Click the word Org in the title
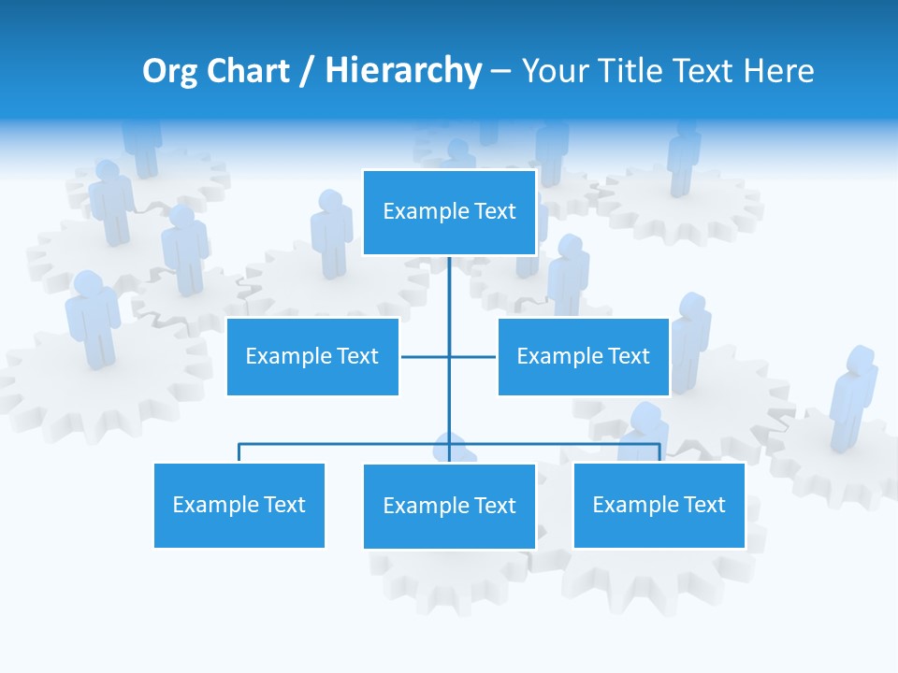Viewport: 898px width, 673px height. click(x=167, y=71)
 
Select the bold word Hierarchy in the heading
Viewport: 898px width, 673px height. click(x=402, y=71)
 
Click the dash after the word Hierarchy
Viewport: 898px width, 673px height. click(x=500, y=72)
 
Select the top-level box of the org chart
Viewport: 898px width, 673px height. click(x=449, y=212)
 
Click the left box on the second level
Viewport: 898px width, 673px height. click(x=312, y=356)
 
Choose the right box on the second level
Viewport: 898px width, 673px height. click(x=583, y=356)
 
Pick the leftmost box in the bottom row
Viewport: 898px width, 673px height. click(x=239, y=505)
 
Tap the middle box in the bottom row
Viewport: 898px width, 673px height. click(x=449, y=506)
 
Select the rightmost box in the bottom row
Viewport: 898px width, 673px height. click(x=659, y=505)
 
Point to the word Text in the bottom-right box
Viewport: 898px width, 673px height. click(x=703, y=505)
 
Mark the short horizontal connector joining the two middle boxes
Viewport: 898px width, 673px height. click(x=426, y=356)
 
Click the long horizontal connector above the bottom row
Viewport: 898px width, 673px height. click(x=346, y=444)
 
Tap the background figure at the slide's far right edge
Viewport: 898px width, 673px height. click(x=853, y=397)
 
